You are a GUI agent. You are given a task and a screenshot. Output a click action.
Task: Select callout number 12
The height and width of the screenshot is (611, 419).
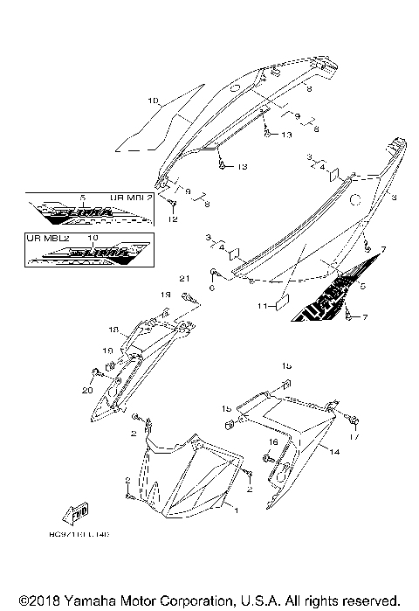[172, 220]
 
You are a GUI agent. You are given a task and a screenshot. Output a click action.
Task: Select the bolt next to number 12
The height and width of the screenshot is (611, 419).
[174, 205]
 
